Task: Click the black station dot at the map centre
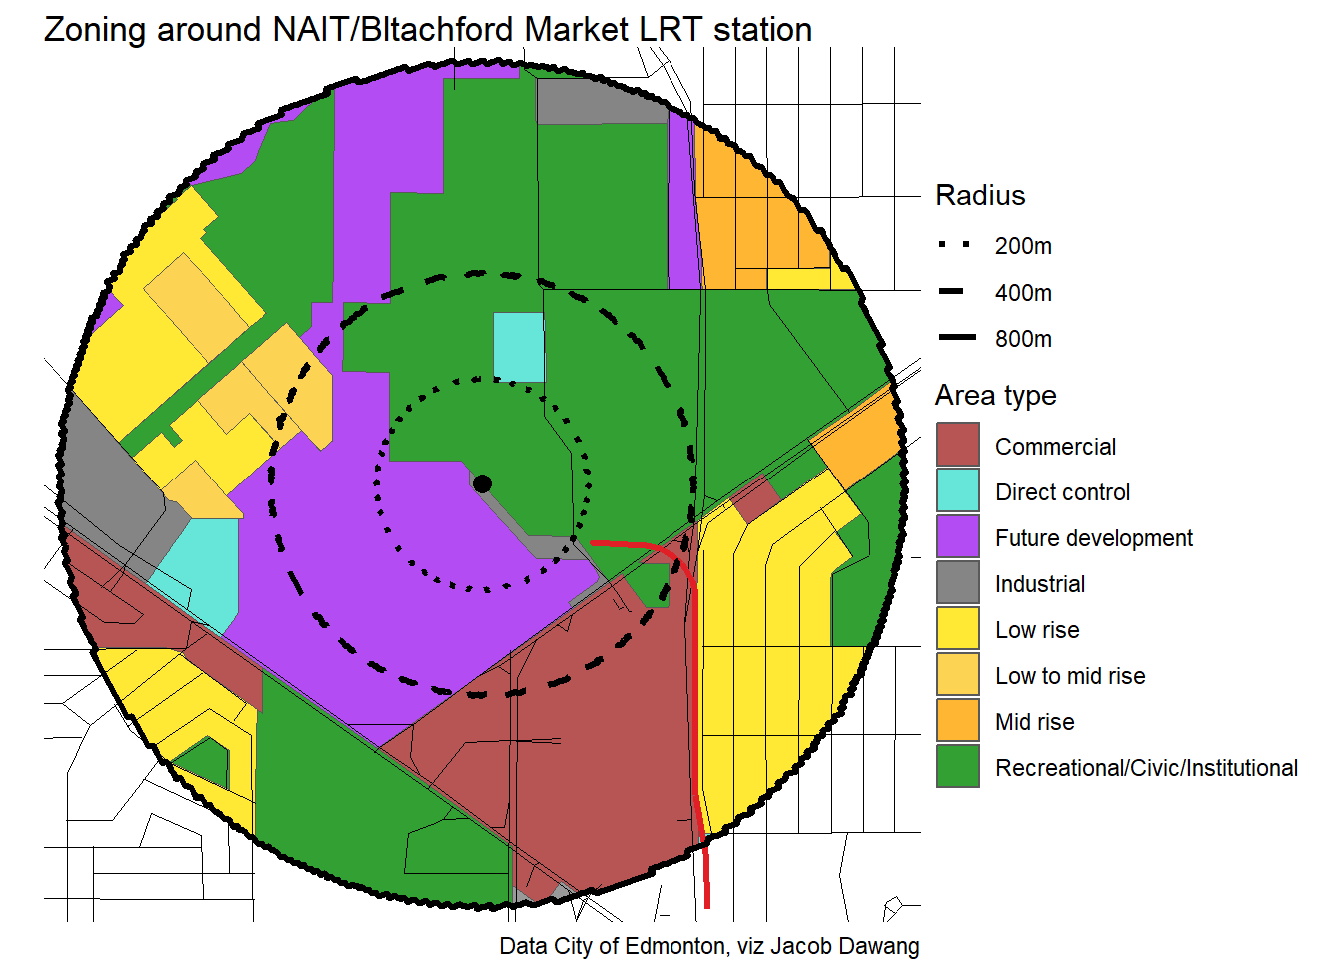[482, 483]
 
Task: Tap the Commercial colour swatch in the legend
[957, 445]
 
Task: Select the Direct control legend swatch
[957, 490]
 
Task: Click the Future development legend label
[1093, 538]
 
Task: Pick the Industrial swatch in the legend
[957, 582]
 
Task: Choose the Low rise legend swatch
[957, 628]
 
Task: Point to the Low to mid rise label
[1069, 676]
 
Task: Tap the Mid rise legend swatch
[957, 720]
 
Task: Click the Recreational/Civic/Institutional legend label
[1146, 768]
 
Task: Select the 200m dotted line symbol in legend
[955, 245]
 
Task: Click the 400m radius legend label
[1023, 293]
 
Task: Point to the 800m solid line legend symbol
[955, 338]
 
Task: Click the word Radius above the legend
[980, 195]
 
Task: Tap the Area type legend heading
[995, 396]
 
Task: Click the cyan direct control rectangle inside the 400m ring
[519, 347]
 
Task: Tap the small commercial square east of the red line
[755, 498]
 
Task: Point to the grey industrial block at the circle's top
[600, 101]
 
